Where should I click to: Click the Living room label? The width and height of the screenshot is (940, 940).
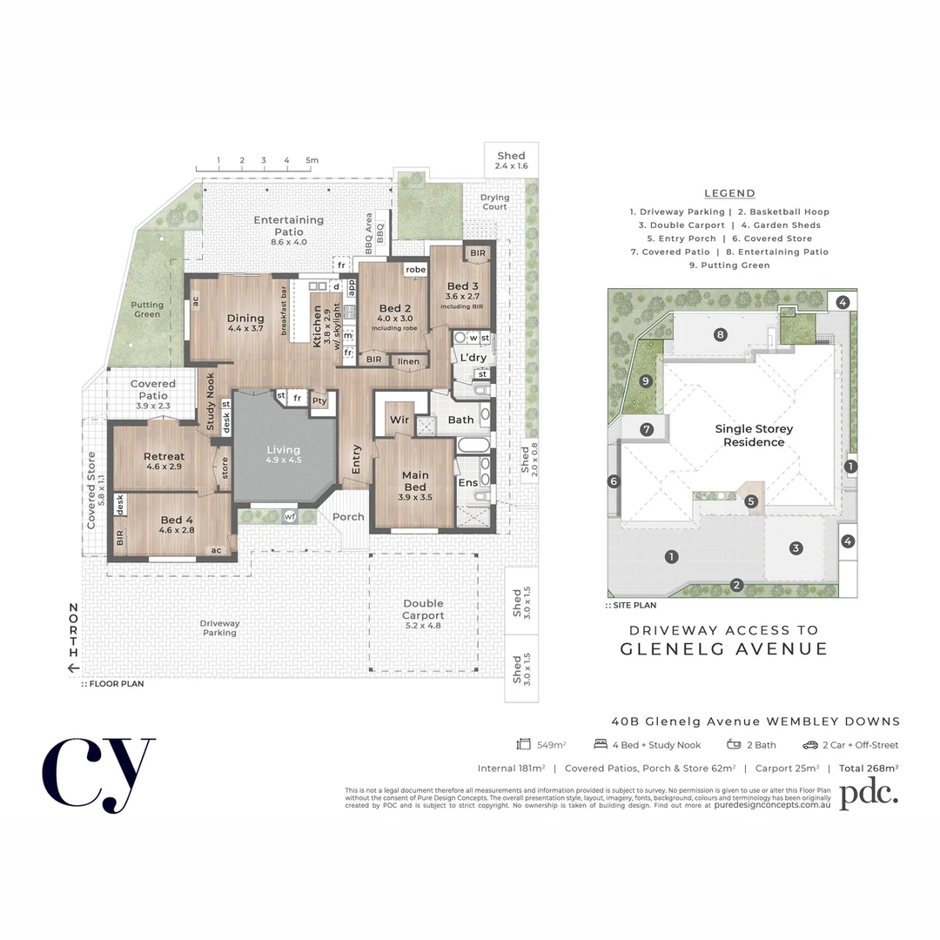click(283, 454)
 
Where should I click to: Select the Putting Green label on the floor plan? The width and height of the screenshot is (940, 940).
click(147, 310)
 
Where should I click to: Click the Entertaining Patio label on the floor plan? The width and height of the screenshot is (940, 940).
click(289, 225)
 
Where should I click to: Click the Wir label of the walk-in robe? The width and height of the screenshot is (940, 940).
click(399, 420)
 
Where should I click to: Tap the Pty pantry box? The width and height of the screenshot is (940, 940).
click(319, 401)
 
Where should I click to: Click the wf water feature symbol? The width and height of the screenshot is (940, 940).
click(289, 517)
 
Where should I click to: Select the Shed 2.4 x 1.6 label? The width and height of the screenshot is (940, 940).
click(511, 160)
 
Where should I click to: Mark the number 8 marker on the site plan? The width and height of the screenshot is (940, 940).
click(720, 334)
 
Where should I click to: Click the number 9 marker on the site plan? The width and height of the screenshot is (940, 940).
click(645, 380)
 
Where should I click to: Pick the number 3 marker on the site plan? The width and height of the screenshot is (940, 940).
click(795, 547)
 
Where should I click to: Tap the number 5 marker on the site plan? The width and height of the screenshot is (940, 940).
click(751, 501)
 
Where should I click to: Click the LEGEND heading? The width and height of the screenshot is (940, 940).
click(729, 193)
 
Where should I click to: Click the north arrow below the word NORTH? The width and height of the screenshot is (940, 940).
click(74, 668)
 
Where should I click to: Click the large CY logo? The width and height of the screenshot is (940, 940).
click(98, 774)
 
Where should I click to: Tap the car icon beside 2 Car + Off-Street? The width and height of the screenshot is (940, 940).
click(809, 745)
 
